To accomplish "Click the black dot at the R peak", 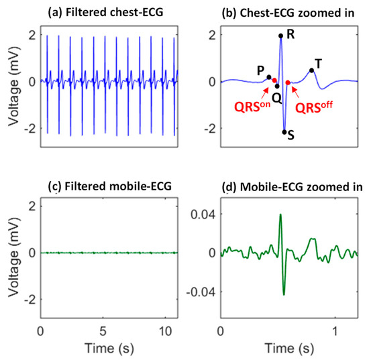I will (x=280, y=36).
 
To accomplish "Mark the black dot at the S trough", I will (x=284, y=132).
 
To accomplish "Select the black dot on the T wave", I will (x=311, y=70).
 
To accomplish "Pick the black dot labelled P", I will (x=269, y=77).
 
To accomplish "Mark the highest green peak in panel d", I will (x=280, y=215).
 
